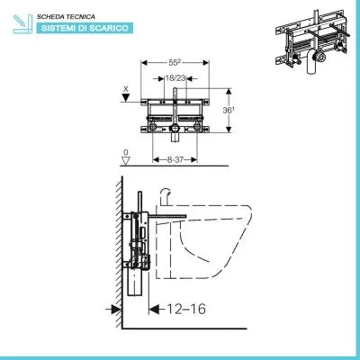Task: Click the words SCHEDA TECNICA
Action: pos(66,17)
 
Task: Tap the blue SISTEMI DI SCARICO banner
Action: pos(85,28)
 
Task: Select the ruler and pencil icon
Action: pos(22,24)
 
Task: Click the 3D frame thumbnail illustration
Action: pos(312,41)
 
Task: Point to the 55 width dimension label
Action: pos(175,63)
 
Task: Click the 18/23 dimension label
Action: pos(175,78)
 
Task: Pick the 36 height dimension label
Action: pos(229,111)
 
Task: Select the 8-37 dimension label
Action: pos(175,159)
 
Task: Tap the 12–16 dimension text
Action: pos(186,309)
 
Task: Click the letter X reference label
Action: pos(126,89)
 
